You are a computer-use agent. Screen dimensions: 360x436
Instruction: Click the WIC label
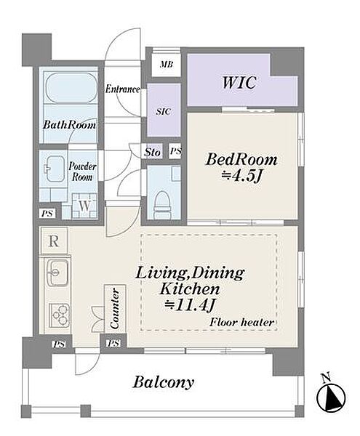[x=239, y=82]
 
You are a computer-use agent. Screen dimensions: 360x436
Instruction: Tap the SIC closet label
[x=164, y=111]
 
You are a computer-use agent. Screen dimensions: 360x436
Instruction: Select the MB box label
[x=167, y=65]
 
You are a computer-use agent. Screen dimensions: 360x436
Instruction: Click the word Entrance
[x=122, y=89]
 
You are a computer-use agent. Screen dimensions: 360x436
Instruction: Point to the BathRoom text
[x=69, y=125]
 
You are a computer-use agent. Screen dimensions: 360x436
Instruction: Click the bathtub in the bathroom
[x=71, y=88]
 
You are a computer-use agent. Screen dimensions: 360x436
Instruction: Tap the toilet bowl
[x=162, y=202]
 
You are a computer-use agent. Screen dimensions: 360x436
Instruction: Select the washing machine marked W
[x=84, y=206]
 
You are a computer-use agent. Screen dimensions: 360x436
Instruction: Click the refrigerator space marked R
[x=54, y=241]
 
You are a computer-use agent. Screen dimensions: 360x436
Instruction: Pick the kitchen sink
[x=57, y=272]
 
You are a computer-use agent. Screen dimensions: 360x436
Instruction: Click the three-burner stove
[x=59, y=315]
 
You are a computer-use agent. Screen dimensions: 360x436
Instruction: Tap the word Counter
[x=115, y=309]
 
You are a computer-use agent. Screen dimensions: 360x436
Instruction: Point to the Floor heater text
[x=241, y=323]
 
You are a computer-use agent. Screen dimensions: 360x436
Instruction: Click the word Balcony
[x=164, y=382]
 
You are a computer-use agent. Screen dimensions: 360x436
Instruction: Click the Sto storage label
[x=153, y=152]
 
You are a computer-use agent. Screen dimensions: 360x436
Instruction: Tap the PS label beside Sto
[x=175, y=151]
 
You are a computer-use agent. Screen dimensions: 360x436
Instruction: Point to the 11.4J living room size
[x=190, y=306]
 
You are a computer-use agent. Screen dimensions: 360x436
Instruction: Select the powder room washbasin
[x=54, y=169]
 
